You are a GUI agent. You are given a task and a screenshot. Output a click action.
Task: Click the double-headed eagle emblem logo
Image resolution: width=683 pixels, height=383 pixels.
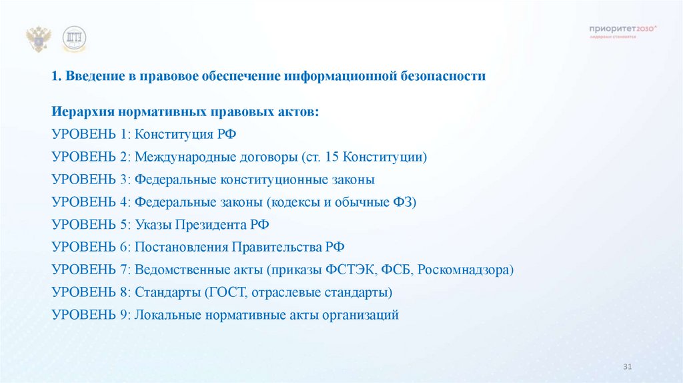pyautogui.click(x=39, y=39)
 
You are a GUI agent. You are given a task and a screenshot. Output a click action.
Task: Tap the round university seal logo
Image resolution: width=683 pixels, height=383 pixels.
pyautogui.click(x=75, y=39)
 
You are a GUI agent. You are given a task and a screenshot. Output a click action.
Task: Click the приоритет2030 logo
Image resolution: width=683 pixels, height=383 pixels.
pyautogui.click(x=623, y=31)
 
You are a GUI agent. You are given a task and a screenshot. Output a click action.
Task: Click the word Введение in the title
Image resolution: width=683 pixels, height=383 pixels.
pyautogui.click(x=91, y=77)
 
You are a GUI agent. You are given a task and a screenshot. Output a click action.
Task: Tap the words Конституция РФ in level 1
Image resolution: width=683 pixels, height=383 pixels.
pyautogui.click(x=185, y=134)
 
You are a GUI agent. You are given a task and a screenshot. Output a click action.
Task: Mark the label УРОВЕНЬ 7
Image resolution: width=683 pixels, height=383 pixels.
pyautogui.click(x=90, y=270)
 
